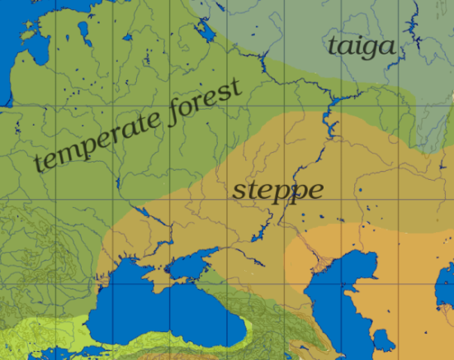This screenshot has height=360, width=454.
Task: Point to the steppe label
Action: click(x=277, y=190)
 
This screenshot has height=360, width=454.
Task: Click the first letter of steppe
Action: click(x=238, y=191)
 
